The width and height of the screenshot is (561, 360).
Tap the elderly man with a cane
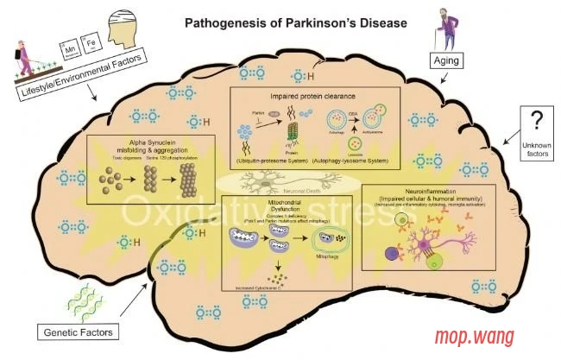[446, 28]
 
